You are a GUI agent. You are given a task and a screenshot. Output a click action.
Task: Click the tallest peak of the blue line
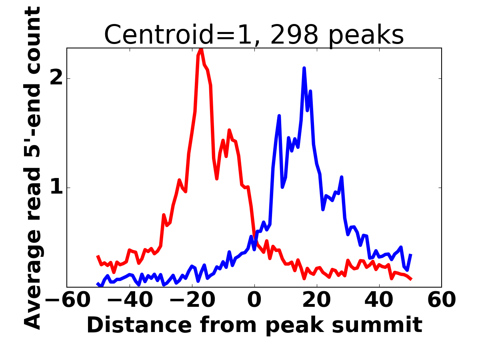[304, 68]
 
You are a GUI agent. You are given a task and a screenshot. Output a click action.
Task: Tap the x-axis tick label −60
[68, 300]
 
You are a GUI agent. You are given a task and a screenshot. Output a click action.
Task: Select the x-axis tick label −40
[130, 300]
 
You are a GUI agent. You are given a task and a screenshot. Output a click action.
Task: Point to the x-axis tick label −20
[192, 300]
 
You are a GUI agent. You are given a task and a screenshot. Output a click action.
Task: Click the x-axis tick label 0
[254, 300]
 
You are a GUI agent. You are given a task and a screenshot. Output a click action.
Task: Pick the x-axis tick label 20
[317, 300]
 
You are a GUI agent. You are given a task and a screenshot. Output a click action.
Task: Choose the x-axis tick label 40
[379, 300]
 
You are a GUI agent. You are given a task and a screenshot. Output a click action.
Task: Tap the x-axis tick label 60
[442, 300]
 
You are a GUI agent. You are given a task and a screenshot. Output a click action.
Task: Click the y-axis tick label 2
[56, 78]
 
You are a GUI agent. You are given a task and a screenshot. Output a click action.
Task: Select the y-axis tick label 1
[57, 188]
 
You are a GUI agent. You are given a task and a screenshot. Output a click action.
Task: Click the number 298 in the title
[294, 35]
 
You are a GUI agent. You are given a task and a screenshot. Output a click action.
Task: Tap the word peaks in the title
[366, 36]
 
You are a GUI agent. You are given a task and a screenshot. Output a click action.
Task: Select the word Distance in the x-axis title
[139, 325]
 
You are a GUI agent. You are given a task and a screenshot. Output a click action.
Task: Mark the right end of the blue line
[411, 254]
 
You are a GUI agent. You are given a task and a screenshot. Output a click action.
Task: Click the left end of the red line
[98, 256]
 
